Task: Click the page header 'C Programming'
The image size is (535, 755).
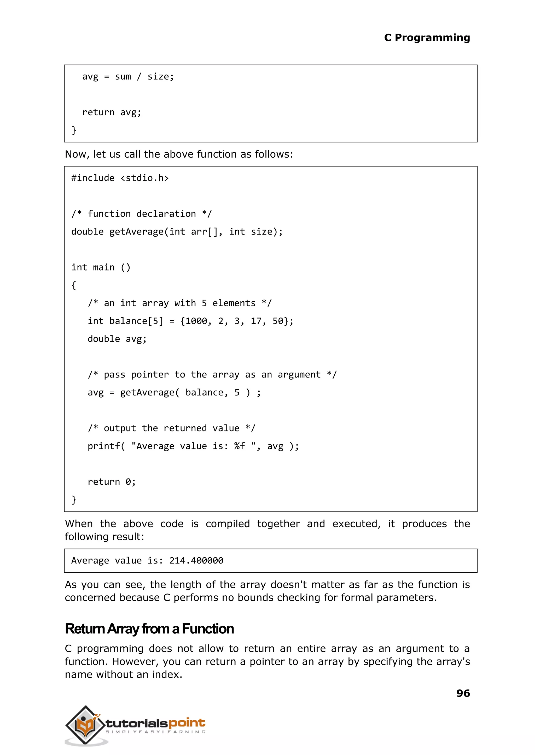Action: [x=427, y=38]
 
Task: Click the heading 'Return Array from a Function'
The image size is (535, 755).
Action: [x=149, y=629]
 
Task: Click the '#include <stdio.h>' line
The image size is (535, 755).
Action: [x=120, y=178]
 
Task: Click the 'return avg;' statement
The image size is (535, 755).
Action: [x=111, y=112]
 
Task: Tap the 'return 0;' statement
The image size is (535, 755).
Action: [x=111, y=482]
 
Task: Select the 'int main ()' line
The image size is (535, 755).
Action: [x=101, y=267]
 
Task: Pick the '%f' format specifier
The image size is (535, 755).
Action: [x=240, y=446]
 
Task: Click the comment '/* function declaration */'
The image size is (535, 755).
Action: [x=142, y=214]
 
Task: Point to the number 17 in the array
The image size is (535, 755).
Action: [x=256, y=321]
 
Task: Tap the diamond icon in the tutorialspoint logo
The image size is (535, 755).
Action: [x=86, y=726]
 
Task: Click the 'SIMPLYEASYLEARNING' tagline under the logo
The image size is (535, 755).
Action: [x=155, y=732]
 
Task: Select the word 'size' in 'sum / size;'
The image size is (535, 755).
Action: [x=158, y=77]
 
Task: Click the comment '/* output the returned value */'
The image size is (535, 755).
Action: [x=171, y=428]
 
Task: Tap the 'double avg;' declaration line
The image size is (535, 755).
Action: [x=117, y=339]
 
